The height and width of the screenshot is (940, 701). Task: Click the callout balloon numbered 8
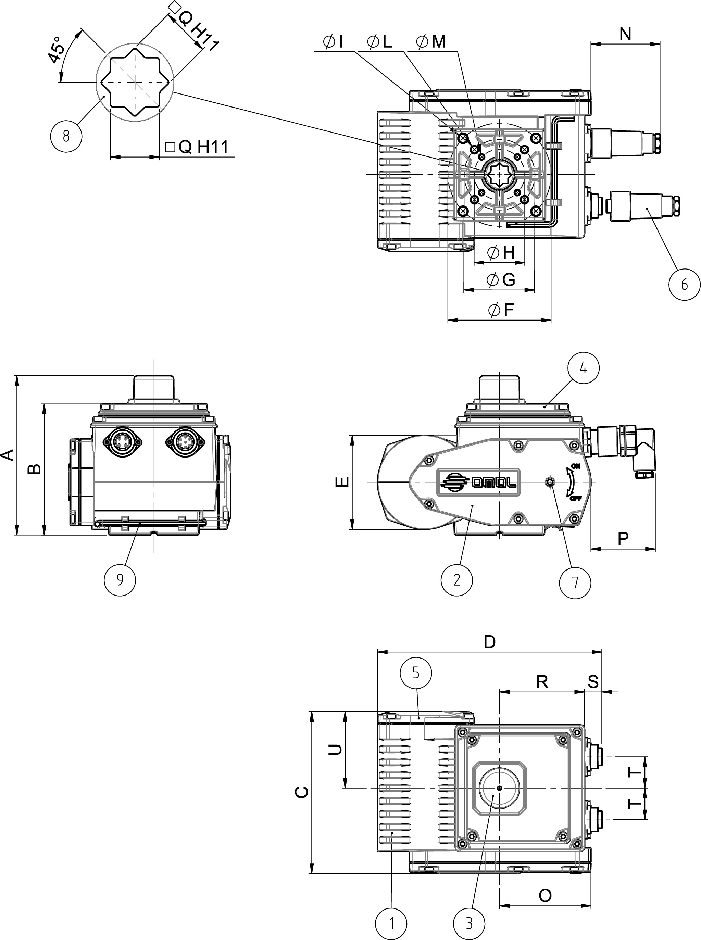pos(66,136)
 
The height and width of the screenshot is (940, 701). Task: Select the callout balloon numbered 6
pos(684,284)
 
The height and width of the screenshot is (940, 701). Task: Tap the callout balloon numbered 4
pos(584,368)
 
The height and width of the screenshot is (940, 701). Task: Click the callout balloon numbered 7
pos(575,583)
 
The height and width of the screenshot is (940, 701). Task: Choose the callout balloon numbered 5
pos(416,673)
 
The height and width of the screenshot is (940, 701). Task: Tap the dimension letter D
pos(490,642)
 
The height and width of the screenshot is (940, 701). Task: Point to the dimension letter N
pos(625,34)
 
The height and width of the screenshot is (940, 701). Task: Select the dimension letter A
pos(8,455)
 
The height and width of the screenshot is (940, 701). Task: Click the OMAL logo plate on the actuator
pos(478,482)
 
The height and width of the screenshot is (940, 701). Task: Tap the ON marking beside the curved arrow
pos(575,466)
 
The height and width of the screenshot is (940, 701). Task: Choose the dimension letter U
pos(335,750)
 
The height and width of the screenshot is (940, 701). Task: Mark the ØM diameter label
pos(431,41)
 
